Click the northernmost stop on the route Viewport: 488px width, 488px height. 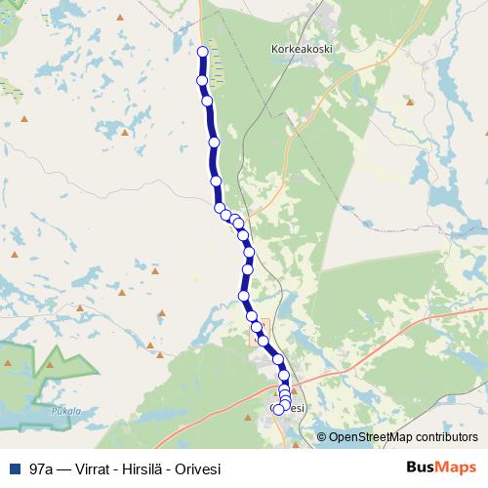(203, 52)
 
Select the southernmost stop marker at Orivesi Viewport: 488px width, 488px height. (278, 410)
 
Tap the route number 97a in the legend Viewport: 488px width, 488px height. (41, 467)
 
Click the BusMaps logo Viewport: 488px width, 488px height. (440, 467)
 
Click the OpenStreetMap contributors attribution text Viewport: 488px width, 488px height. (403, 436)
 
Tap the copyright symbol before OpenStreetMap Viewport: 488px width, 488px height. (321, 436)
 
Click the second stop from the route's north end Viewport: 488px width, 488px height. (202, 80)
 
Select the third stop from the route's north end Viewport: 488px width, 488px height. (207, 101)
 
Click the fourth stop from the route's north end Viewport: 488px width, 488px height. (214, 142)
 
